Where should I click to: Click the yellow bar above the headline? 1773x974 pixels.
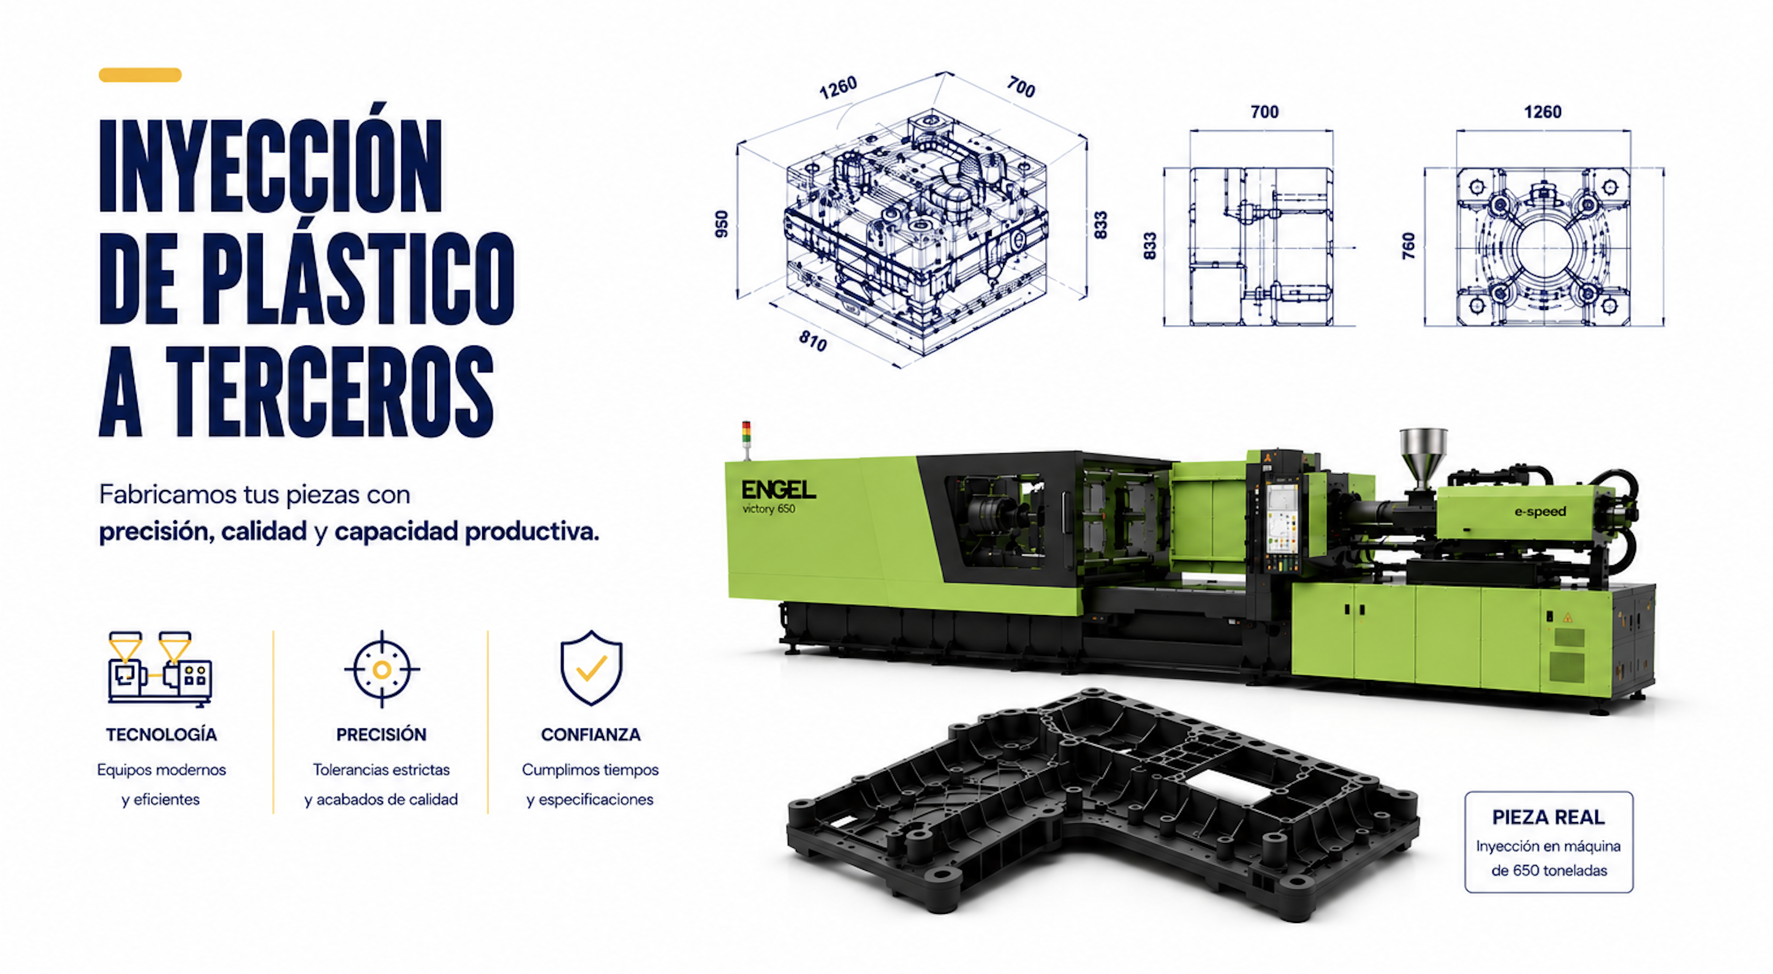(140, 75)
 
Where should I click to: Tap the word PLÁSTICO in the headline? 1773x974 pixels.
(357, 277)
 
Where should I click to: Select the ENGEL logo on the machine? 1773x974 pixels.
(779, 489)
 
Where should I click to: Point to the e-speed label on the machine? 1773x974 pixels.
(1540, 512)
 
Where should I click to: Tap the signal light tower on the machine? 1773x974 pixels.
(746, 440)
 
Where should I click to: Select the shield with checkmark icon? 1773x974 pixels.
(591, 668)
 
